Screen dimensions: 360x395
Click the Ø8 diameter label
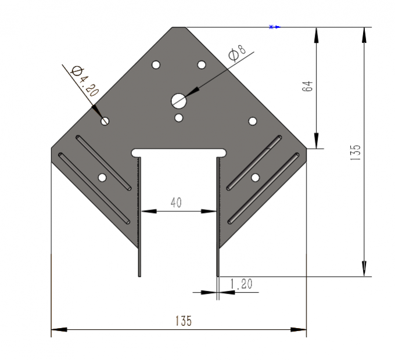pos(237,53)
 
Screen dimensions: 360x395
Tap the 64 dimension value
pos(308,87)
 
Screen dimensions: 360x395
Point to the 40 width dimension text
pos(175,202)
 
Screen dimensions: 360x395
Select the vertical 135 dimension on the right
pos(356,152)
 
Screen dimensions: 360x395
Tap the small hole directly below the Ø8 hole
pos(179,118)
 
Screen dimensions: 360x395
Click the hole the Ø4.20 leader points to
pos(105,121)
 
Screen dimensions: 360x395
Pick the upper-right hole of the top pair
pos(202,64)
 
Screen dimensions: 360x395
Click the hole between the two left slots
pos(102,177)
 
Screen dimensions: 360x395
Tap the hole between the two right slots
pos(255,177)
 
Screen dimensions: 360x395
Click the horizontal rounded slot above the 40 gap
pos(179,152)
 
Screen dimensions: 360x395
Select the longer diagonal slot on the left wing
pos(94,188)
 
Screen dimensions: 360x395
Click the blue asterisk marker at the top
pos(271,27)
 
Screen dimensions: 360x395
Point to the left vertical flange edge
pos(139,218)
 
